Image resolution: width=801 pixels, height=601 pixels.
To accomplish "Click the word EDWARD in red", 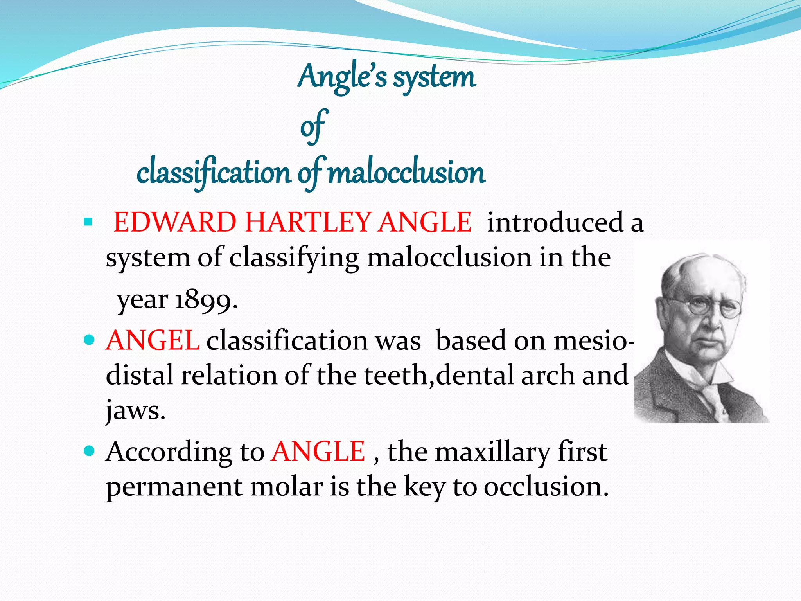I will [174, 222].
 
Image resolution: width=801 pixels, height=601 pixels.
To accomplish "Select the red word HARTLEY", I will [308, 222].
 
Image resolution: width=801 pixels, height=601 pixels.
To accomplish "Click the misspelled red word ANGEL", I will [153, 340].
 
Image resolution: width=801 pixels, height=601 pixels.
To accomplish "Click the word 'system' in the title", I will [434, 77].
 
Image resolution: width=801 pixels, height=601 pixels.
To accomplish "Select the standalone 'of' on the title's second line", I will [313, 126].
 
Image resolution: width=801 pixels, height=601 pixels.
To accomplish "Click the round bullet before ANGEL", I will [90, 340].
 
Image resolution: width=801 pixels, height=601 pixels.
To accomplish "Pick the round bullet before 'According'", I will [90, 451].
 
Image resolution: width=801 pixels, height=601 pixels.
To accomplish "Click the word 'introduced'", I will [555, 222].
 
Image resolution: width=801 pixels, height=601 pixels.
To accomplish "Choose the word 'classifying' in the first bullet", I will [294, 258].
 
